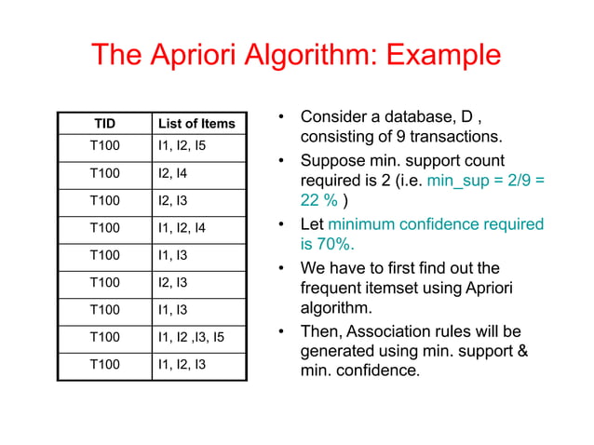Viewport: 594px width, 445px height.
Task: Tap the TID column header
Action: click(105, 124)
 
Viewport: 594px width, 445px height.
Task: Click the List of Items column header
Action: click(196, 124)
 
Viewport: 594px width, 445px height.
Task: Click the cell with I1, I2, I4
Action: click(182, 226)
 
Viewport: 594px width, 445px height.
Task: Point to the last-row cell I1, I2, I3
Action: click(182, 363)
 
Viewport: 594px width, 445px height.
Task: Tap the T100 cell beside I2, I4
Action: click(104, 173)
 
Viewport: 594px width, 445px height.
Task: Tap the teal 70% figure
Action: click(332, 245)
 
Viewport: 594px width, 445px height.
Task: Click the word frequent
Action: click(330, 289)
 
